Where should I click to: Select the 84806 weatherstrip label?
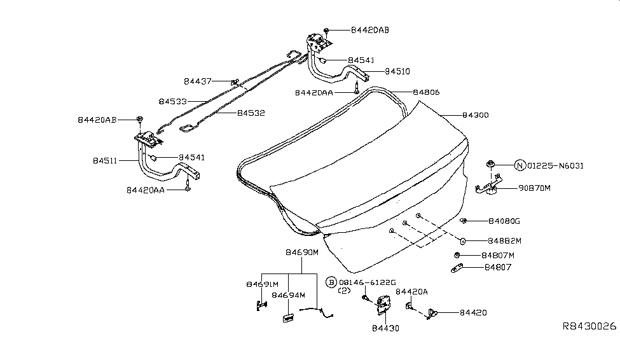(x=426, y=92)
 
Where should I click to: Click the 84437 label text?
(x=198, y=81)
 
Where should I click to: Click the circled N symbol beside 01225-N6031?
(x=520, y=166)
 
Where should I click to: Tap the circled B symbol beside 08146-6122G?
(x=331, y=282)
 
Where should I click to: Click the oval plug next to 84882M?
(x=463, y=241)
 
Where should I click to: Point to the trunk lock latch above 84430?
(x=383, y=305)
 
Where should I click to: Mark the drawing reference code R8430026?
(x=589, y=326)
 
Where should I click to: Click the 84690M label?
(x=301, y=253)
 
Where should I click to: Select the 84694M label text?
(x=288, y=295)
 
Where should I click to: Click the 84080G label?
(x=504, y=221)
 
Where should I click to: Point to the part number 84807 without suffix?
(x=498, y=267)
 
